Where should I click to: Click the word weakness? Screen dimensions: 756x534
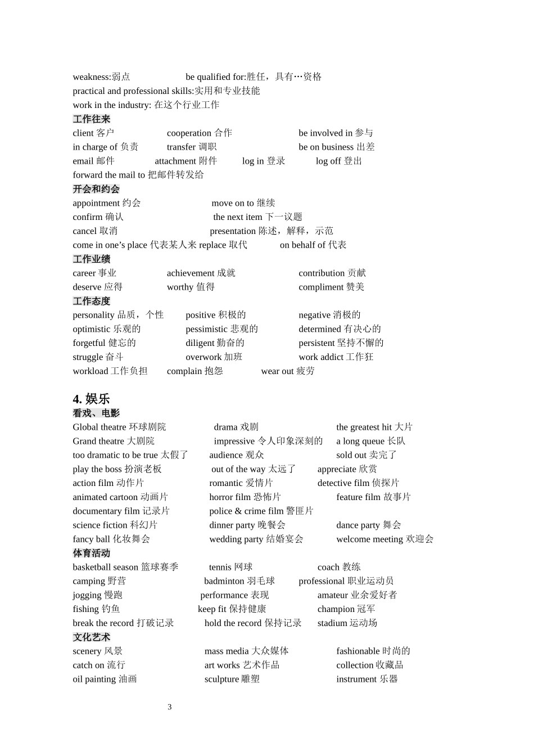click(x=90, y=77)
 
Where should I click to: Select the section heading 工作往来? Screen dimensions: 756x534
click(x=92, y=119)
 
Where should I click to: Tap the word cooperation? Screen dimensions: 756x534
click(x=189, y=133)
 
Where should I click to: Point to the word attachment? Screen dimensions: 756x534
click(x=175, y=161)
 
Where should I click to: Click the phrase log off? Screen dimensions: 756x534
click(x=328, y=161)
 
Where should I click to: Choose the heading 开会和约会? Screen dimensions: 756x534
click(x=96, y=189)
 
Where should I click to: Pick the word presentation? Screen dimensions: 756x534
click(x=233, y=231)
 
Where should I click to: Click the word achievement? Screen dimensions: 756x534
click(x=191, y=273)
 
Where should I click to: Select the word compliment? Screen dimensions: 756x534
click(x=321, y=287)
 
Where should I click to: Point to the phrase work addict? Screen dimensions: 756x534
click(x=321, y=357)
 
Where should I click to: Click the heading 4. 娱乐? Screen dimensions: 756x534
click(x=91, y=399)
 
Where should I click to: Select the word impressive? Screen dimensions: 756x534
click(x=234, y=441)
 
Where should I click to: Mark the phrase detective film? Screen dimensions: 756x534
click(x=343, y=483)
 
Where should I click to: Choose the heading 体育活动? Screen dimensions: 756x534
click(x=92, y=553)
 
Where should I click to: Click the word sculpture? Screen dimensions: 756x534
click(x=221, y=679)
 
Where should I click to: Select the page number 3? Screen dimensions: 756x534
click(x=170, y=707)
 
